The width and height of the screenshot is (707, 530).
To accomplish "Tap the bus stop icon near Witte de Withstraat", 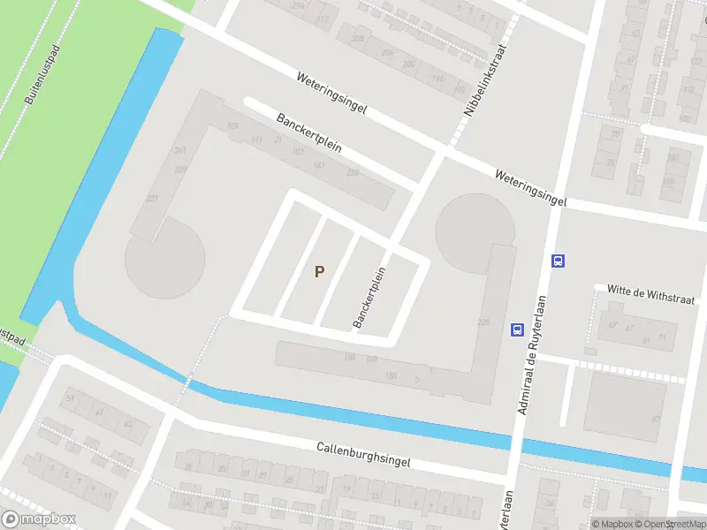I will pos(559,261).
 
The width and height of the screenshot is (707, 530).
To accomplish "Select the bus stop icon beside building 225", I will pos(517,329).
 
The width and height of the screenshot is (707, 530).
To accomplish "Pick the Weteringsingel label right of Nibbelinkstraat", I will pos(528,188).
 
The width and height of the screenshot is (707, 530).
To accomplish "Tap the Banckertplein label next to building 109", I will pos(308,133).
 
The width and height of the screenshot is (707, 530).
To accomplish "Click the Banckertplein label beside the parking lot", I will pos(370,298).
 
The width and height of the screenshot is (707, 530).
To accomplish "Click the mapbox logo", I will pos(39,519).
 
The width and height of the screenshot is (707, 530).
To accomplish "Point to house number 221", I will pos(152,199).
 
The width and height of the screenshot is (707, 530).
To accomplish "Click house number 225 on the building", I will pos(483,322).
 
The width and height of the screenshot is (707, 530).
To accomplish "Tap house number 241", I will pos(180,151).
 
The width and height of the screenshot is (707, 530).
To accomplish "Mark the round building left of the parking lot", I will pos(165,259).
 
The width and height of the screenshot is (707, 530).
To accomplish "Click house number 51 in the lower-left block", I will pos(71,398).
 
